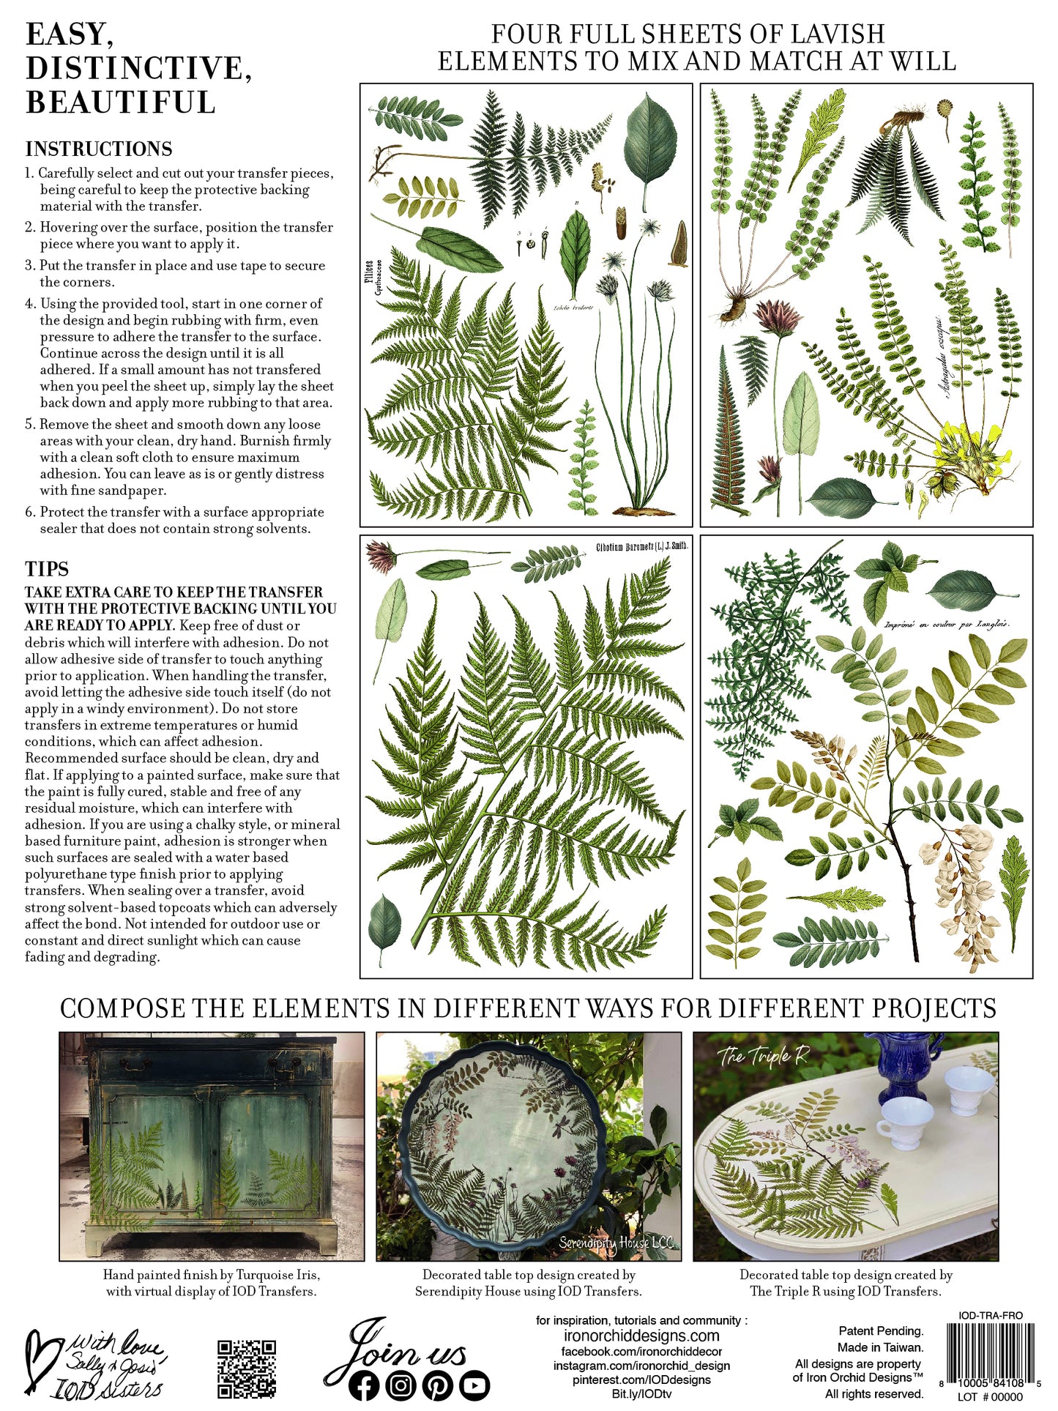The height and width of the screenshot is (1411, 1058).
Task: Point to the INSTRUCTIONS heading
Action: pos(99,149)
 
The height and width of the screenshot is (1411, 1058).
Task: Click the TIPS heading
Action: pos(47,569)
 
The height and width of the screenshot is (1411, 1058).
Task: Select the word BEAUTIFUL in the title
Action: pos(121,102)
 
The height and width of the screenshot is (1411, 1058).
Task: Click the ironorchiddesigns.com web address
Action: pos(641,1336)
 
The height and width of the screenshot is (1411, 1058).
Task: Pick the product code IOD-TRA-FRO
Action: pos(991,1315)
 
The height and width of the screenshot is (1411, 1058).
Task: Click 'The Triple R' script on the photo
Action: pos(763,1057)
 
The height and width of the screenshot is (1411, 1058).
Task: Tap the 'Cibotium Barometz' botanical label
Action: pos(641,546)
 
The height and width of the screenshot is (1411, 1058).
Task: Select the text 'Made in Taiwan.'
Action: pos(880,1347)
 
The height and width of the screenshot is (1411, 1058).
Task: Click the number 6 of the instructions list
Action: pos(29,512)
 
